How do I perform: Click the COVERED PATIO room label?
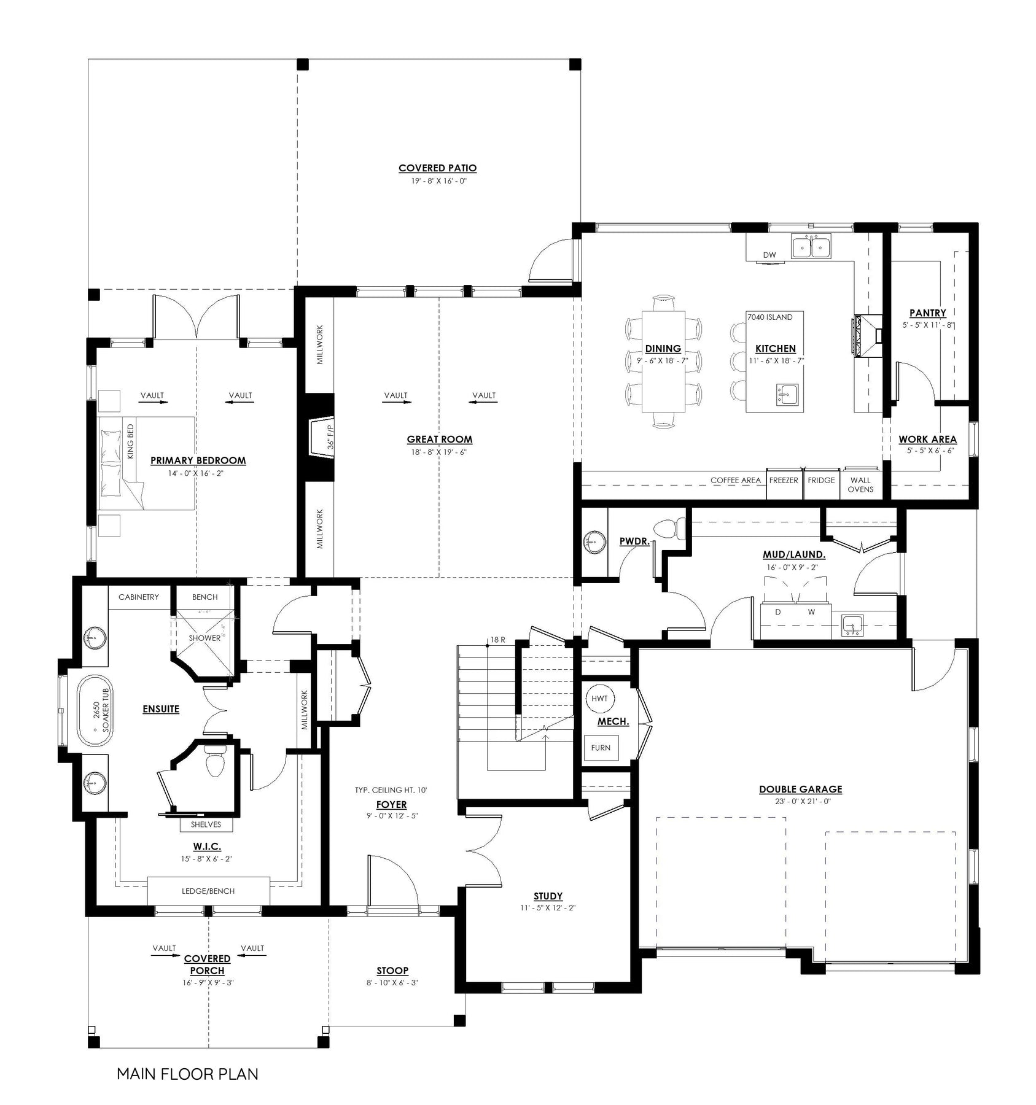point(437,168)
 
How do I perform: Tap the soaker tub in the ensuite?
point(95,711)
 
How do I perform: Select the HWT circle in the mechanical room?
point(599,699)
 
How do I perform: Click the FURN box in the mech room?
point(601,748)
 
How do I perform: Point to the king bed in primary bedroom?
point(146,463)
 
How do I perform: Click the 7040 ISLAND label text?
point(769,317)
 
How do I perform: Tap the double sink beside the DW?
point(811,247)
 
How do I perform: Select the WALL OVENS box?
point(860,484)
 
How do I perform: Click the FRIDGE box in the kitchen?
point(821,484)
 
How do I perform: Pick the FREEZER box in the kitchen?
point(784,484)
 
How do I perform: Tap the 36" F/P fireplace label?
point(330,435)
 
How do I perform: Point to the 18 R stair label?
point(497,640)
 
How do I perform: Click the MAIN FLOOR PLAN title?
point(187,1074)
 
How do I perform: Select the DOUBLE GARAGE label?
point(800,789)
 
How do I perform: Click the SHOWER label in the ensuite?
point(204,638)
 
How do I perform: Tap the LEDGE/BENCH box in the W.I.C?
point(208,891)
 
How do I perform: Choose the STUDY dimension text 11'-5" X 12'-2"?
point(548,908)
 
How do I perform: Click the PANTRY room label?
point(927,313)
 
